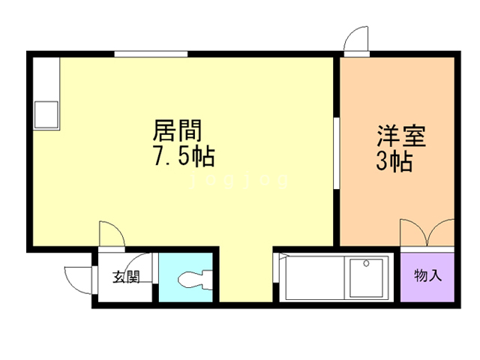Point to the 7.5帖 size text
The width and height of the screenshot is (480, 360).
coord(184,157)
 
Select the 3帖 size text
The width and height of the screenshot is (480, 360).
coord(394,160)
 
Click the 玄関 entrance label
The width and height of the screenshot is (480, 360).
coord(126,277)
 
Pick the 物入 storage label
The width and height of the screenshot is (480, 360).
coord(427,275)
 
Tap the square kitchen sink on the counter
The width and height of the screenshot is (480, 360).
coord(46,114)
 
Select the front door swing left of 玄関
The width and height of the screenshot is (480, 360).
coord(76,280)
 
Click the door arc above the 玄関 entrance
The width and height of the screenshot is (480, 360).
coord(110,233)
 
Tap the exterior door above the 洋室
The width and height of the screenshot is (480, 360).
coord(356,39)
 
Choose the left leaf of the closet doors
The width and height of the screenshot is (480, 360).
coord(413,232)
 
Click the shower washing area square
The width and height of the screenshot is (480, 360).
coord(366,277)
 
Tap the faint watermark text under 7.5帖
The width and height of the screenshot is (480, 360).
coord(240,181)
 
